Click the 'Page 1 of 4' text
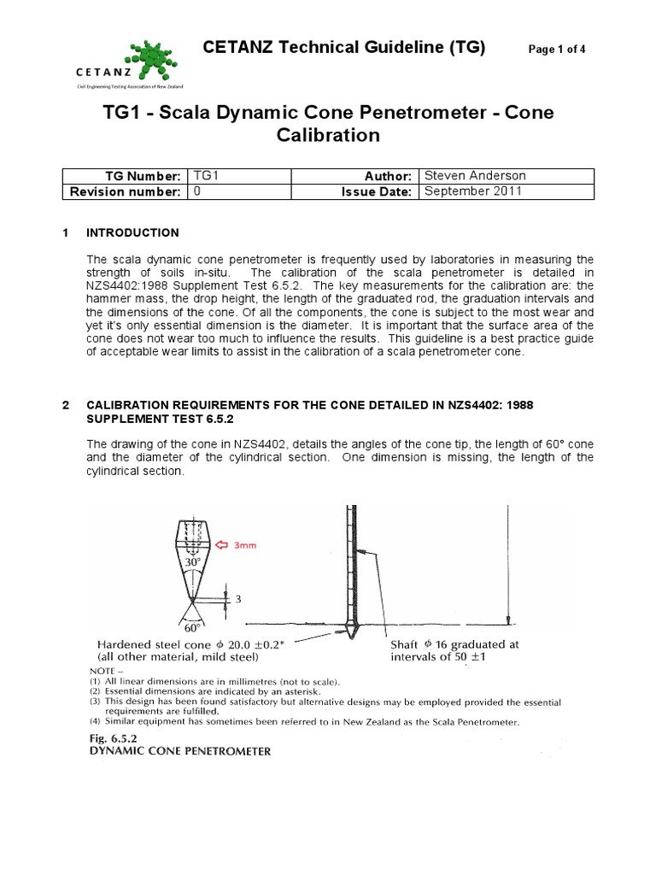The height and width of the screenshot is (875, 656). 557,50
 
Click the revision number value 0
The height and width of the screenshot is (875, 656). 197,192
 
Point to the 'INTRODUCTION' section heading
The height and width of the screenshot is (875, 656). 133,232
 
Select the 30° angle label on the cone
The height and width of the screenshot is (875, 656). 194,563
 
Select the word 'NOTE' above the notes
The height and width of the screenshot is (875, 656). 106,671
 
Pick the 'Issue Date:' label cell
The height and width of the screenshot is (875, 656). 376,192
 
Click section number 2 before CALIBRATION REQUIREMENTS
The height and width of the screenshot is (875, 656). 67,406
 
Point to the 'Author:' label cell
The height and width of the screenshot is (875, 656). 388,176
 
